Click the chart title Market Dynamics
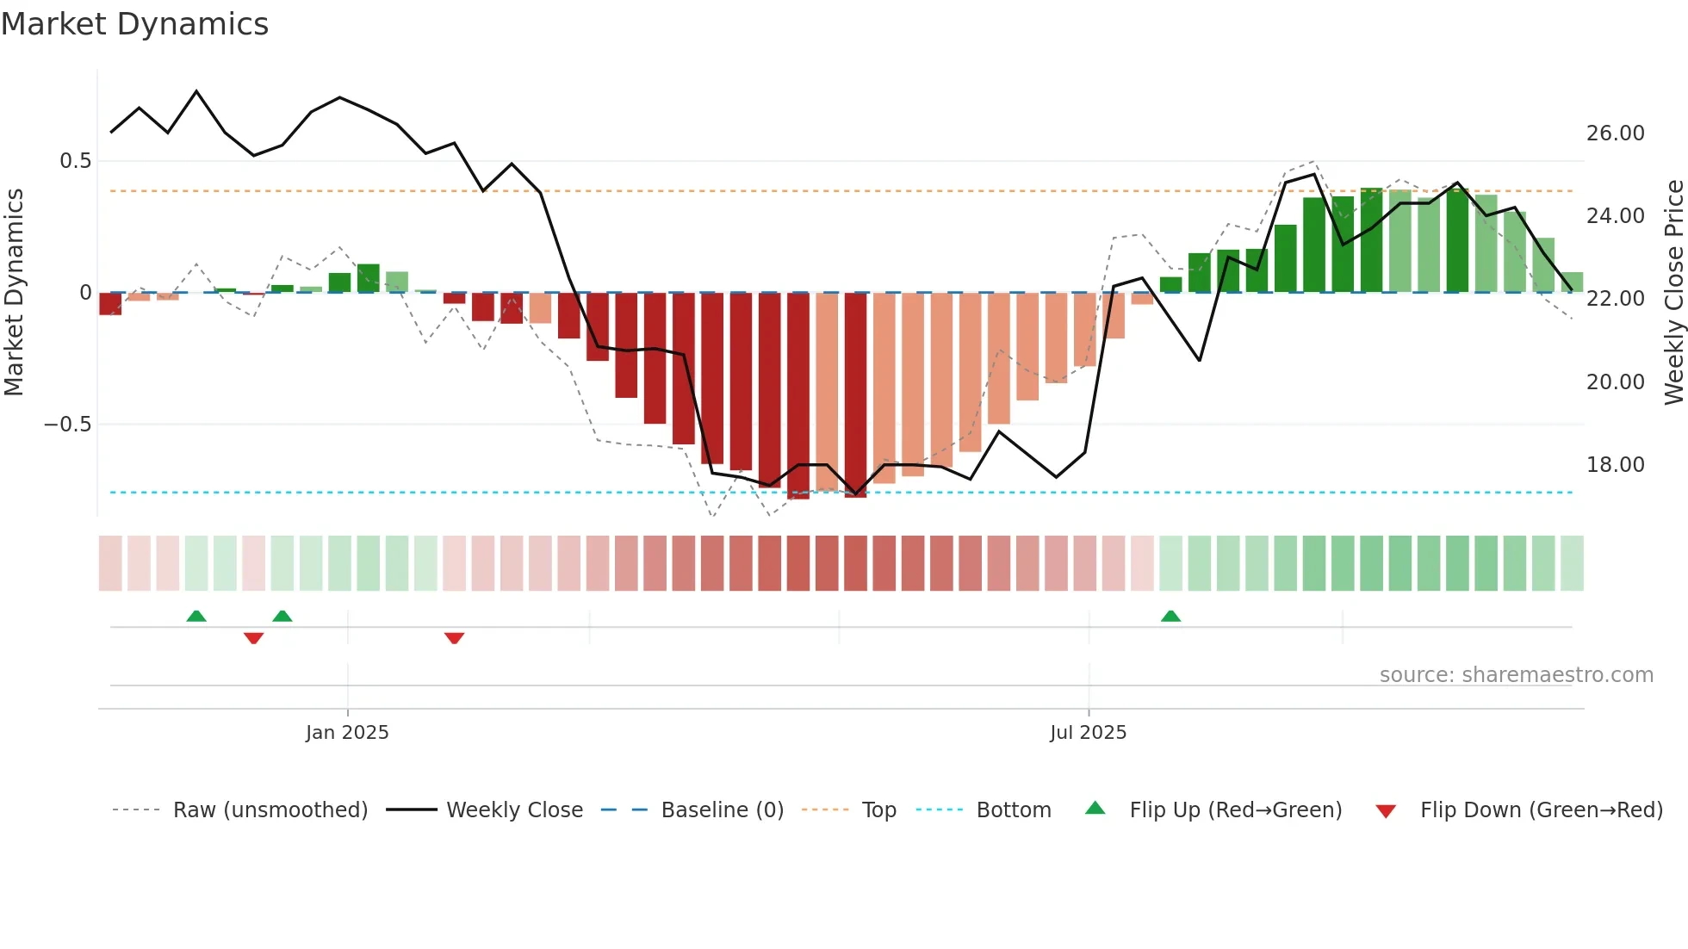point(134,24)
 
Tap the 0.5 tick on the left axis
point(75,161)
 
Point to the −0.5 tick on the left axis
point(67,425)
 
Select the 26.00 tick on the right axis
point(1615,133)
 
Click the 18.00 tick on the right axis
point(1615,465)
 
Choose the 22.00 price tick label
point(1615,299)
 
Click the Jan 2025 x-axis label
point(347,733)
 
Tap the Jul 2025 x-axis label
point(1088,733)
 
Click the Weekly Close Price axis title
point(1673,292)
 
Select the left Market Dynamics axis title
point(14,292)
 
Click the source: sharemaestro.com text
point(1516,675)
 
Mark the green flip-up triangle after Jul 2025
point(1170,617)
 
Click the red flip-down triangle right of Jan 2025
point(454,638)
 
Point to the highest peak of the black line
point(196,91)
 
